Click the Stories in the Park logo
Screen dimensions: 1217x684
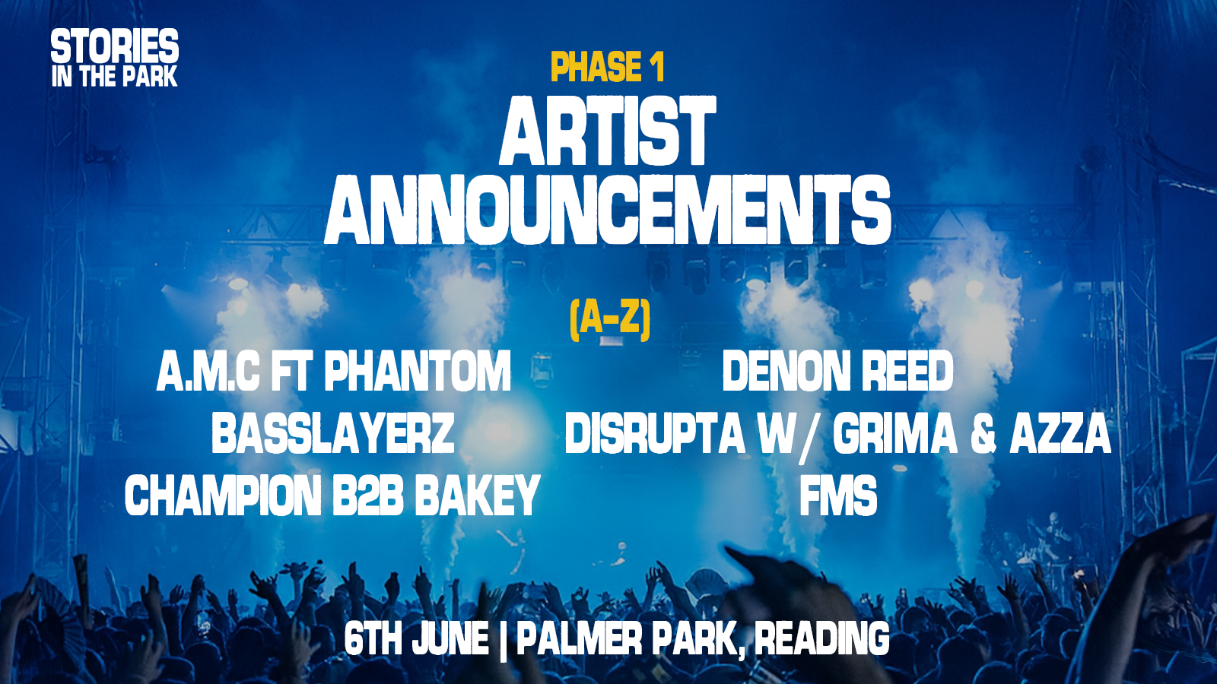pos(115,58)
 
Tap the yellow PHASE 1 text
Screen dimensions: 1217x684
pos(608,67)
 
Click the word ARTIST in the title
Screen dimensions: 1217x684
pos(608,131)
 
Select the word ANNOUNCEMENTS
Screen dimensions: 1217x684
pos(608,209)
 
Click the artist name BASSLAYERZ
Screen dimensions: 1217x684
pos(332,433)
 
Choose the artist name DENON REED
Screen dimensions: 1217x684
pos(837,371)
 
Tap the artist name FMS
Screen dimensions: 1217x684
pos(838,496)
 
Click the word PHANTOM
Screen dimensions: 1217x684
pos(418,371)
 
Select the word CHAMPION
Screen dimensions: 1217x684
pos(223,496)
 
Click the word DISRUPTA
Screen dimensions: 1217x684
pos(655,433)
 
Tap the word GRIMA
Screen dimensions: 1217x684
pos(895,433)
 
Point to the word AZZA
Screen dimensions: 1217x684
pos(1060,433)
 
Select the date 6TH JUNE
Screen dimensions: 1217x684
pos(416,639)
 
